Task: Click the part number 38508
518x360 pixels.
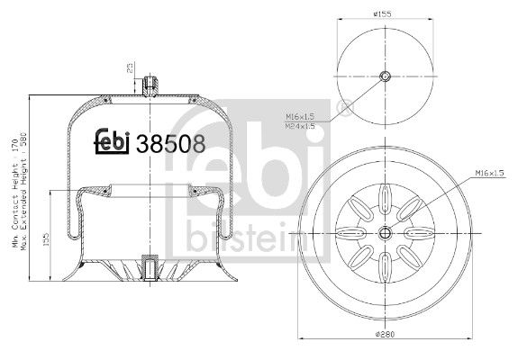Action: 169,143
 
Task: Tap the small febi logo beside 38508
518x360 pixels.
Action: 112,142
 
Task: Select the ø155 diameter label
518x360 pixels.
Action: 385,13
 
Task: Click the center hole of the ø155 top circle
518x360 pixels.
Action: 385,76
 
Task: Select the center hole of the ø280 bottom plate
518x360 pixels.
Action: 385,233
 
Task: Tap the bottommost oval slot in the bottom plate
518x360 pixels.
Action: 385,270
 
